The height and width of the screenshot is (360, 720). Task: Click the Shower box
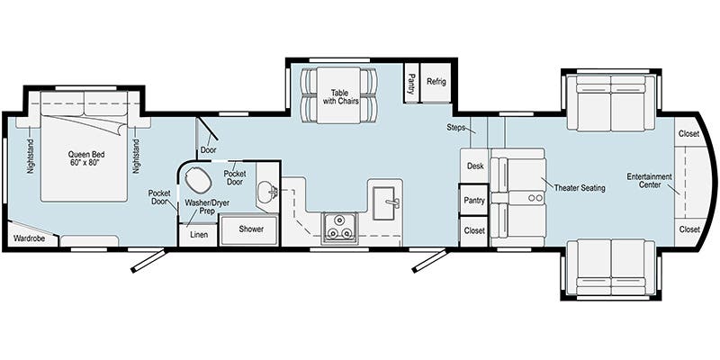pos(252,229)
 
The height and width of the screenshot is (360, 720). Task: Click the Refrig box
pos(436,80)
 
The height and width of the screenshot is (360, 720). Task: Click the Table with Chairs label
pos(339,97)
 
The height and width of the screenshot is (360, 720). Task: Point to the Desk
pos(475,166)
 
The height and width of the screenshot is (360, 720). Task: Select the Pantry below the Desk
pos(474,200)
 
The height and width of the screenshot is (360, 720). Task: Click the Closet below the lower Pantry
pos(474,230)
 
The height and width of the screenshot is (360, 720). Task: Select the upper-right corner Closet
pos(688,133)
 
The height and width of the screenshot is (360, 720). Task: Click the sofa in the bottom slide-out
pos(612,267)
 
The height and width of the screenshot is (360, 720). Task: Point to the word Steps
pos(456,128)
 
